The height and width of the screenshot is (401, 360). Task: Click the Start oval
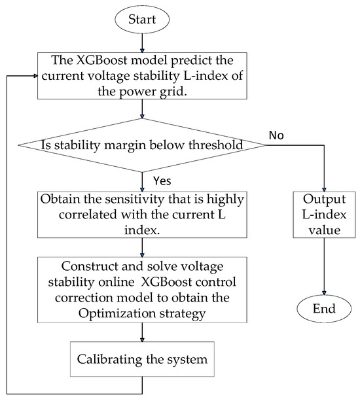coord(141,20)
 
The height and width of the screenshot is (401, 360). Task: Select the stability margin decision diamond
coord(141,145)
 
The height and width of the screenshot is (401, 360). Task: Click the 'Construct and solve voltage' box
coord(141,288)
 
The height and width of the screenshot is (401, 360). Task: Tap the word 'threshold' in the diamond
coord(215,145)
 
